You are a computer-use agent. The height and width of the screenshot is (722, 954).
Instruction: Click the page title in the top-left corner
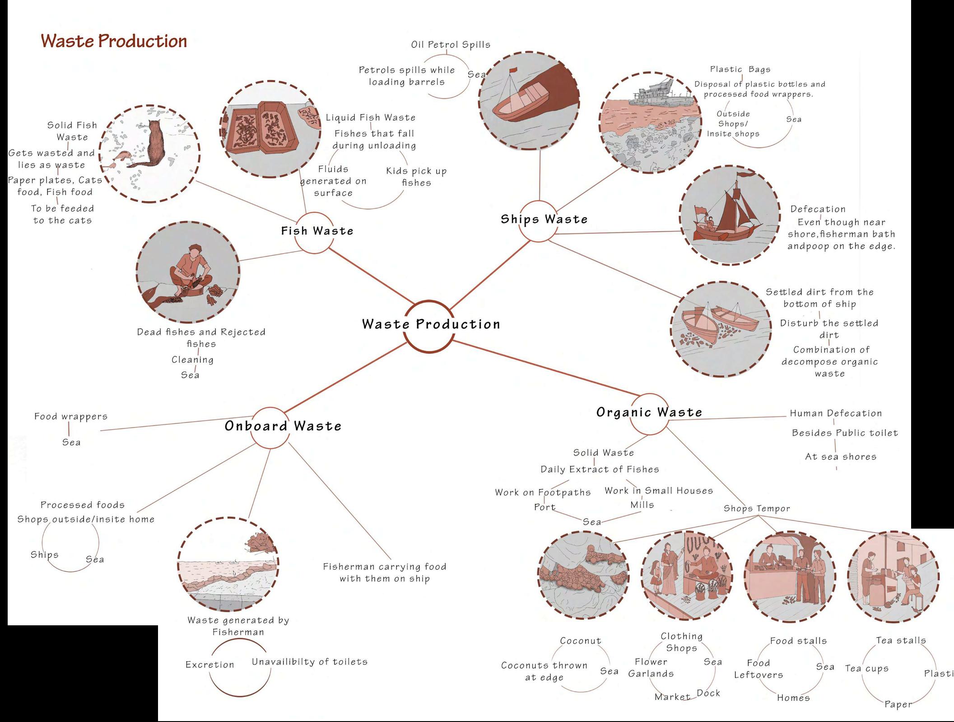pos(114,41)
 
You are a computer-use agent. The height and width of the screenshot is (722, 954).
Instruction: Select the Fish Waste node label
pos(317,231)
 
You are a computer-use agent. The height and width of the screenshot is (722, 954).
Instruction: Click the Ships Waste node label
pos(544,219)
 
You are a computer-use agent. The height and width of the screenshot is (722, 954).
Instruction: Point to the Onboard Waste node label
pos(283,426)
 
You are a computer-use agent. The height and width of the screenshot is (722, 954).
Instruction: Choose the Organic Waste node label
pos(649,412)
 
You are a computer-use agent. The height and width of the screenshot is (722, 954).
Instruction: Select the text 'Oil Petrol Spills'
pos(450,45)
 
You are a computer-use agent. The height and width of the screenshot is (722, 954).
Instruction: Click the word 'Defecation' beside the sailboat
pos(818,209)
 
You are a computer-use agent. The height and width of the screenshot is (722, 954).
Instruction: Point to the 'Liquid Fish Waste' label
pos(371,117)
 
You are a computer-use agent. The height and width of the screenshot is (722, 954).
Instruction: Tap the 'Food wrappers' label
pos(71,417)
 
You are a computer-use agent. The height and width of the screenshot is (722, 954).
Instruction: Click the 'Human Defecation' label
pos(836,413)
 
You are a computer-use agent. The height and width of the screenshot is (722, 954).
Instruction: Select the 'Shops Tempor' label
pos(757,508)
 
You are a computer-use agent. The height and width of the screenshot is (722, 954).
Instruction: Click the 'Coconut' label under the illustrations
pos(581,641)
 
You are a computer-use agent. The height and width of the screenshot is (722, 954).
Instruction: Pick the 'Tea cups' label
pos(866,669)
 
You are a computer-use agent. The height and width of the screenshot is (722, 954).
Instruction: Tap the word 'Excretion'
pos(210,665)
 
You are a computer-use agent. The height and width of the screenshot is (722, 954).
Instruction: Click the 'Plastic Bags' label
pos(740,70)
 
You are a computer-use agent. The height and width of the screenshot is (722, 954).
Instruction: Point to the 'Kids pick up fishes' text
pos(416,177)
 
